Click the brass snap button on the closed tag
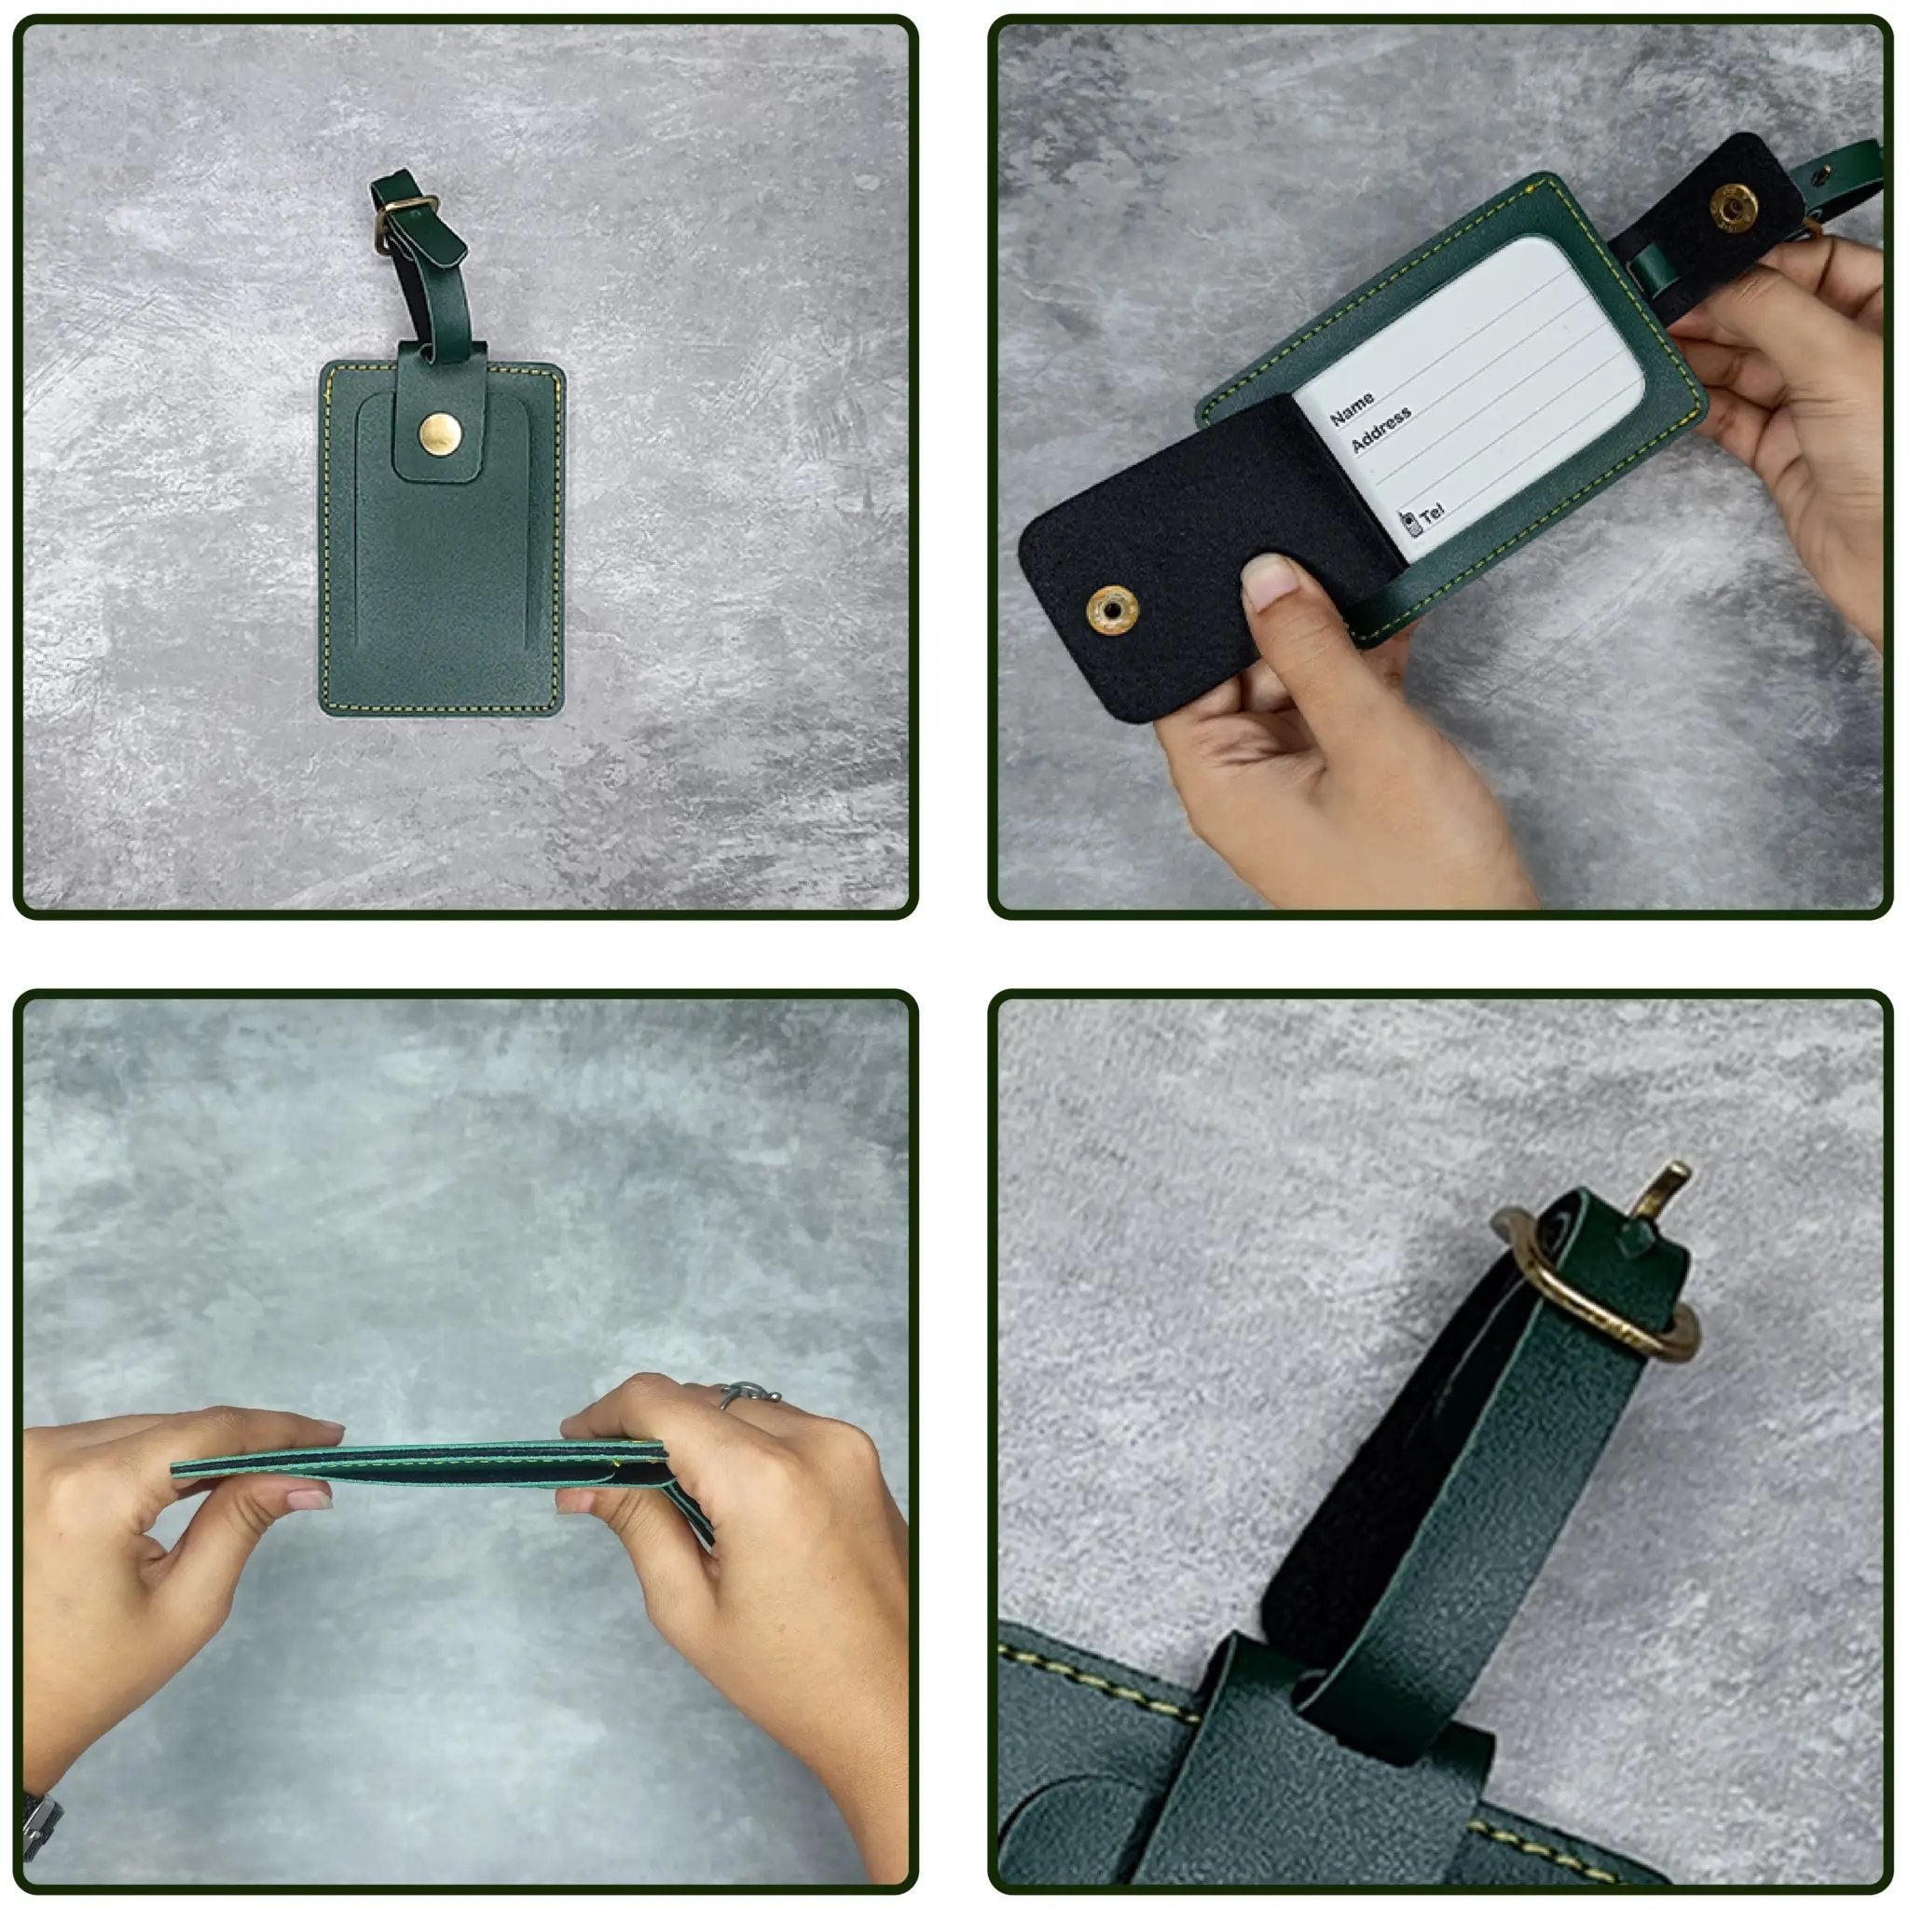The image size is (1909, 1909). point(440,432)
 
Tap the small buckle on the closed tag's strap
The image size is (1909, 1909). point(402,213)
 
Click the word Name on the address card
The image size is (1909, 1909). point(1352,405)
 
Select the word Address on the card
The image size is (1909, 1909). point(1380,430)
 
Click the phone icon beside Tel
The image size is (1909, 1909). point(1411,522)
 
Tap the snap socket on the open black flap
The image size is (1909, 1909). point(1112,611)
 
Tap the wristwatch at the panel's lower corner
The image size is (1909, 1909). point(39,1824)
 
